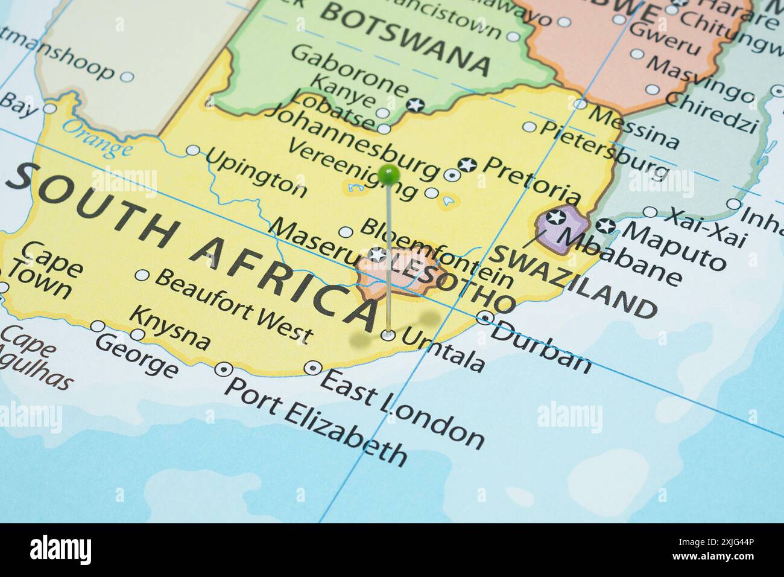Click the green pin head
[x=390, y=175]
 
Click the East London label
[x=402, y=409]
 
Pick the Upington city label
[x=257, y=172]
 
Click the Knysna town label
[x=171, y=329]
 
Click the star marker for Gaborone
[x=415, y=105]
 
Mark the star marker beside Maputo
[x=605, y=226]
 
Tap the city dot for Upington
[x=192, y=150]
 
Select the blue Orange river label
[x=98, y=138]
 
